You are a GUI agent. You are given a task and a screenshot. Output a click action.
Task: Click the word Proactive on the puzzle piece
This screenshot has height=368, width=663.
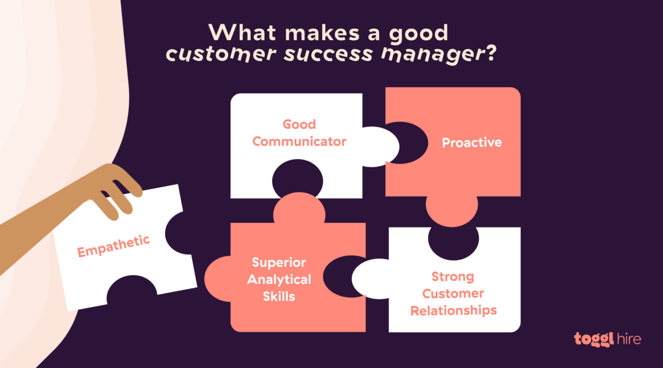point(471,143)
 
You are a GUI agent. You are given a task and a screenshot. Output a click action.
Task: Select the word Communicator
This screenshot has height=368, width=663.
point(299,141)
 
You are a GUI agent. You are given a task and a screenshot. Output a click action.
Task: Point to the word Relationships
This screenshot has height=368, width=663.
point(454,311)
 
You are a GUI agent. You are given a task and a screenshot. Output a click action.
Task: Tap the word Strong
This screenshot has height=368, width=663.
point(453,276)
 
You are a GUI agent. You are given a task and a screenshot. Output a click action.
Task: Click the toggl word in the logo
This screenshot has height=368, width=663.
point(591,339)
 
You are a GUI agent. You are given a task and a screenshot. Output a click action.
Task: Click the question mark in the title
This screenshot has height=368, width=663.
point(490,55)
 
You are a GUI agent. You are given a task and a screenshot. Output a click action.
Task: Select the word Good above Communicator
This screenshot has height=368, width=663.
point(299,124)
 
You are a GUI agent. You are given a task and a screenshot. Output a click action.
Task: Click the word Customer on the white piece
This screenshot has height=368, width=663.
point(453,294)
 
